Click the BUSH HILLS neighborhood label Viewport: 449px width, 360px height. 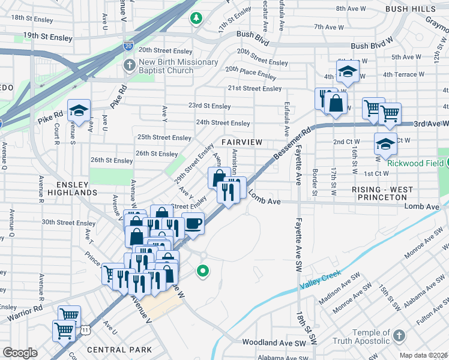point(411,10)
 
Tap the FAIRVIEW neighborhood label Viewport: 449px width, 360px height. point(242,142)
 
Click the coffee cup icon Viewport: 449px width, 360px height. point(193,224)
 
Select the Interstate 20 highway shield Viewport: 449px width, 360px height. point(128,45)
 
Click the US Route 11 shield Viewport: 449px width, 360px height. point(87,330)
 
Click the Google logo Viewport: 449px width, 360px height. point(20,353)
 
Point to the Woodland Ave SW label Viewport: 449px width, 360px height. point(275,343)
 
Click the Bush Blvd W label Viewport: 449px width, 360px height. point(372,46)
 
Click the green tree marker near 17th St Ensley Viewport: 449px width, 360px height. point(196,19)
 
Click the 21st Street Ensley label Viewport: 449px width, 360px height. point(255,88)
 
